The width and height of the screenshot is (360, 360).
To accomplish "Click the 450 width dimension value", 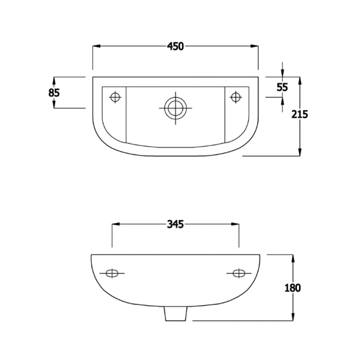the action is [175, 46].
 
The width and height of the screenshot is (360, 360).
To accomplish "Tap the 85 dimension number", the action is [54, 93].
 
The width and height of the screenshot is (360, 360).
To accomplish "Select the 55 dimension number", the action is [282, 87].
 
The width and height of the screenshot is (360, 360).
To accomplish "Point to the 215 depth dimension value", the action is [300, 114].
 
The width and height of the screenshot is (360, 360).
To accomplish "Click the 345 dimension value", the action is [175, 224].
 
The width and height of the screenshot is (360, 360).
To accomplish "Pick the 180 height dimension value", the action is [293, 288].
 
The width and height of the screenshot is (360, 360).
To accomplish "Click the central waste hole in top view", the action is [176, 108].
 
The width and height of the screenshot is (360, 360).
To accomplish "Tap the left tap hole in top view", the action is [115, 97].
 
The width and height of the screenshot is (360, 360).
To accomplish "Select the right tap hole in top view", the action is [235, 97].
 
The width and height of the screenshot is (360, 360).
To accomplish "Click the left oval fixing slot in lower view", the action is [112, 273].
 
